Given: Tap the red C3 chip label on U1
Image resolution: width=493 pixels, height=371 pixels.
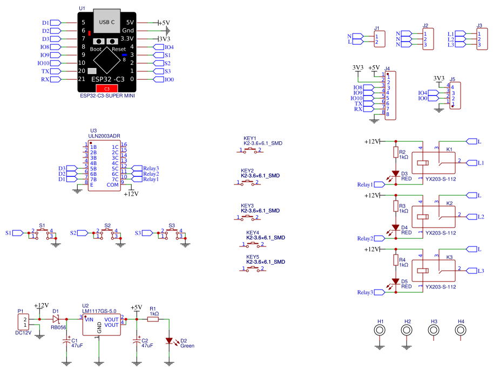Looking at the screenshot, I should click(x=107, y=88).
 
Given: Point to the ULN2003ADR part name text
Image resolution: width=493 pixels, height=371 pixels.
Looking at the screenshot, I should click(x=105, y=136).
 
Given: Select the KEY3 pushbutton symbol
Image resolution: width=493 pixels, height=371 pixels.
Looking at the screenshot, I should click(x=248, y=217).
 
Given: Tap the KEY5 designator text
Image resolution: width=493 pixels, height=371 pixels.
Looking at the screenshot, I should click(x=253, y=257).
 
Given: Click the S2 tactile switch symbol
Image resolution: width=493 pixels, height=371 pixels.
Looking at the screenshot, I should click(x=107, y=233).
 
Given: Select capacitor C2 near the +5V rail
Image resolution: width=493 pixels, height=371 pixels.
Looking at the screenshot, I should click(x=137, y=341).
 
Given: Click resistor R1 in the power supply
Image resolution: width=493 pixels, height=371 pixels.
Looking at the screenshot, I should click(x=153, y=319).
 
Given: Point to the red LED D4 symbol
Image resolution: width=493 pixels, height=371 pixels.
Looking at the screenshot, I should click(x=395, y=228).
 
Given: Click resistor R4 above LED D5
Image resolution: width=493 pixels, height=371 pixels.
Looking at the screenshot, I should click(x=395, y=261).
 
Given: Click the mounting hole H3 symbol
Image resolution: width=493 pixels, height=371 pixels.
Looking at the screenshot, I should click(x=434, y=330).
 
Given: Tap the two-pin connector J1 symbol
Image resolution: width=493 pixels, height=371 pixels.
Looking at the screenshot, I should click(x=380, y=39).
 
